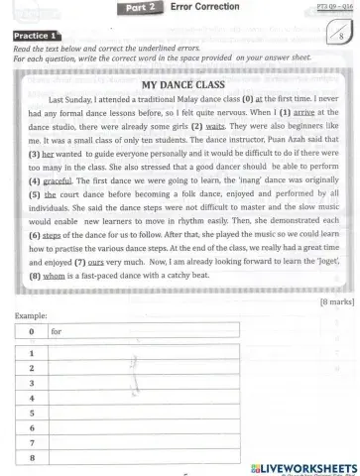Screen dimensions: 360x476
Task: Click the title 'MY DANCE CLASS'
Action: [180, 85]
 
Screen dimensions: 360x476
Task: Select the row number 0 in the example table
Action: [32, 332]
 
